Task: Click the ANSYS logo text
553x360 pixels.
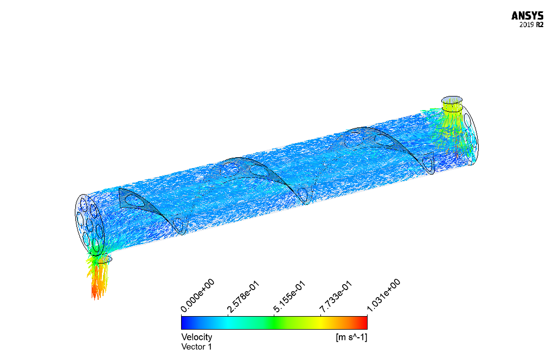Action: tap(528, 16)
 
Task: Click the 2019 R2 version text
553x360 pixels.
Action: tap(531, 25)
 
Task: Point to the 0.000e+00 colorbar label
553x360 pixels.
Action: tap(197, 295)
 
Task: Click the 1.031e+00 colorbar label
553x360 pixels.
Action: tap(384, 295)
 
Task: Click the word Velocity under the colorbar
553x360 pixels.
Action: tap(197, 337)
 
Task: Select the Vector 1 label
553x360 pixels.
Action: tap(196, 346)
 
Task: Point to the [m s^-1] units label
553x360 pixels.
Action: tap(351, 337)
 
